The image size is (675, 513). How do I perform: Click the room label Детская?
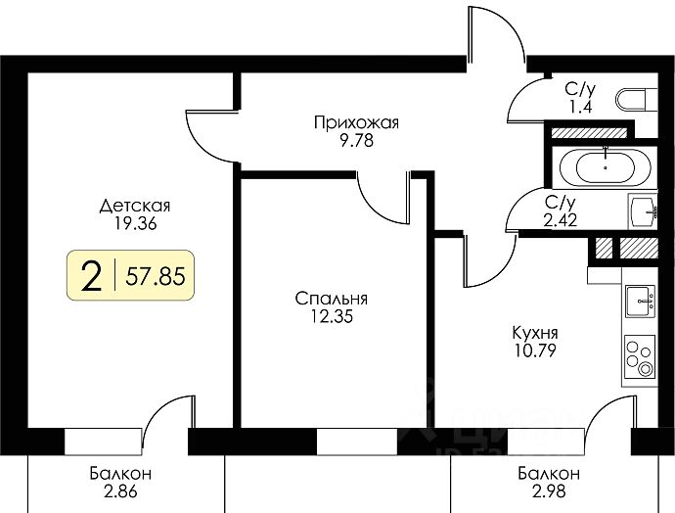[135, 207]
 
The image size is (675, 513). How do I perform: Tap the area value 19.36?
[135, 223]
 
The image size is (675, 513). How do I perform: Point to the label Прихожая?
[357, 122]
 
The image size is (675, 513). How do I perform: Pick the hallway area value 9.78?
[357, 139]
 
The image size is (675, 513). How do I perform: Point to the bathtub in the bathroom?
[607, 167]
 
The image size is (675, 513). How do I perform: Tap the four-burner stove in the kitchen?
[642, 356]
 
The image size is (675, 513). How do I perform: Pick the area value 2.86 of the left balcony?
[115, 491]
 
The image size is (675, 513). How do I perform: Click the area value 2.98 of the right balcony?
[549, 491]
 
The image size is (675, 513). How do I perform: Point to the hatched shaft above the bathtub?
[588, 132]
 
